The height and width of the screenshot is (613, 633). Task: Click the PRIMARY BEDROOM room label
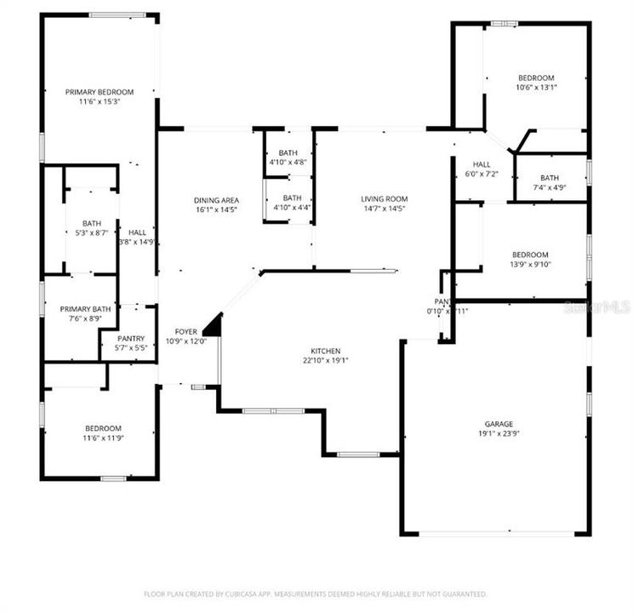[x=100, y=91]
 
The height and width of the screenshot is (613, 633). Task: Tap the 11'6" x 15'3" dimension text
[x=100, y=101]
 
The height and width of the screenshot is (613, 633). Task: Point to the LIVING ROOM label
[x=385, y=199]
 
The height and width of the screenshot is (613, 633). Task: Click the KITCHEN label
[x=325, y=351]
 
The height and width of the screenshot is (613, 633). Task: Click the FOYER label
[x=186, y=331]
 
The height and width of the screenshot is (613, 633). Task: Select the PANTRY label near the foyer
[x=125, y=338]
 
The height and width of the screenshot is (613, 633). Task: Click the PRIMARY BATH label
[x=79, y=310]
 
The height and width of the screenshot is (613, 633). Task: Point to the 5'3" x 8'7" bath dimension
[x=92, y=233]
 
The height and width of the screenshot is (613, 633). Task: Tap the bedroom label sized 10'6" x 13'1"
[x=536, y=77]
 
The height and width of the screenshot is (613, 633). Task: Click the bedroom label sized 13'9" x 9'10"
[x=529, y=255]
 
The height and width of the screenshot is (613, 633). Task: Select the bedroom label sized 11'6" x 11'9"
[x=102, y=428]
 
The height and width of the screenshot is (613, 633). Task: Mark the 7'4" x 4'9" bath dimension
[x=549, y=187]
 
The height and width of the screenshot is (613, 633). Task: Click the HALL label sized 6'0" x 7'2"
[x=482, y=164]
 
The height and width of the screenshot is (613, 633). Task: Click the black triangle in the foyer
[x=214, y=325]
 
